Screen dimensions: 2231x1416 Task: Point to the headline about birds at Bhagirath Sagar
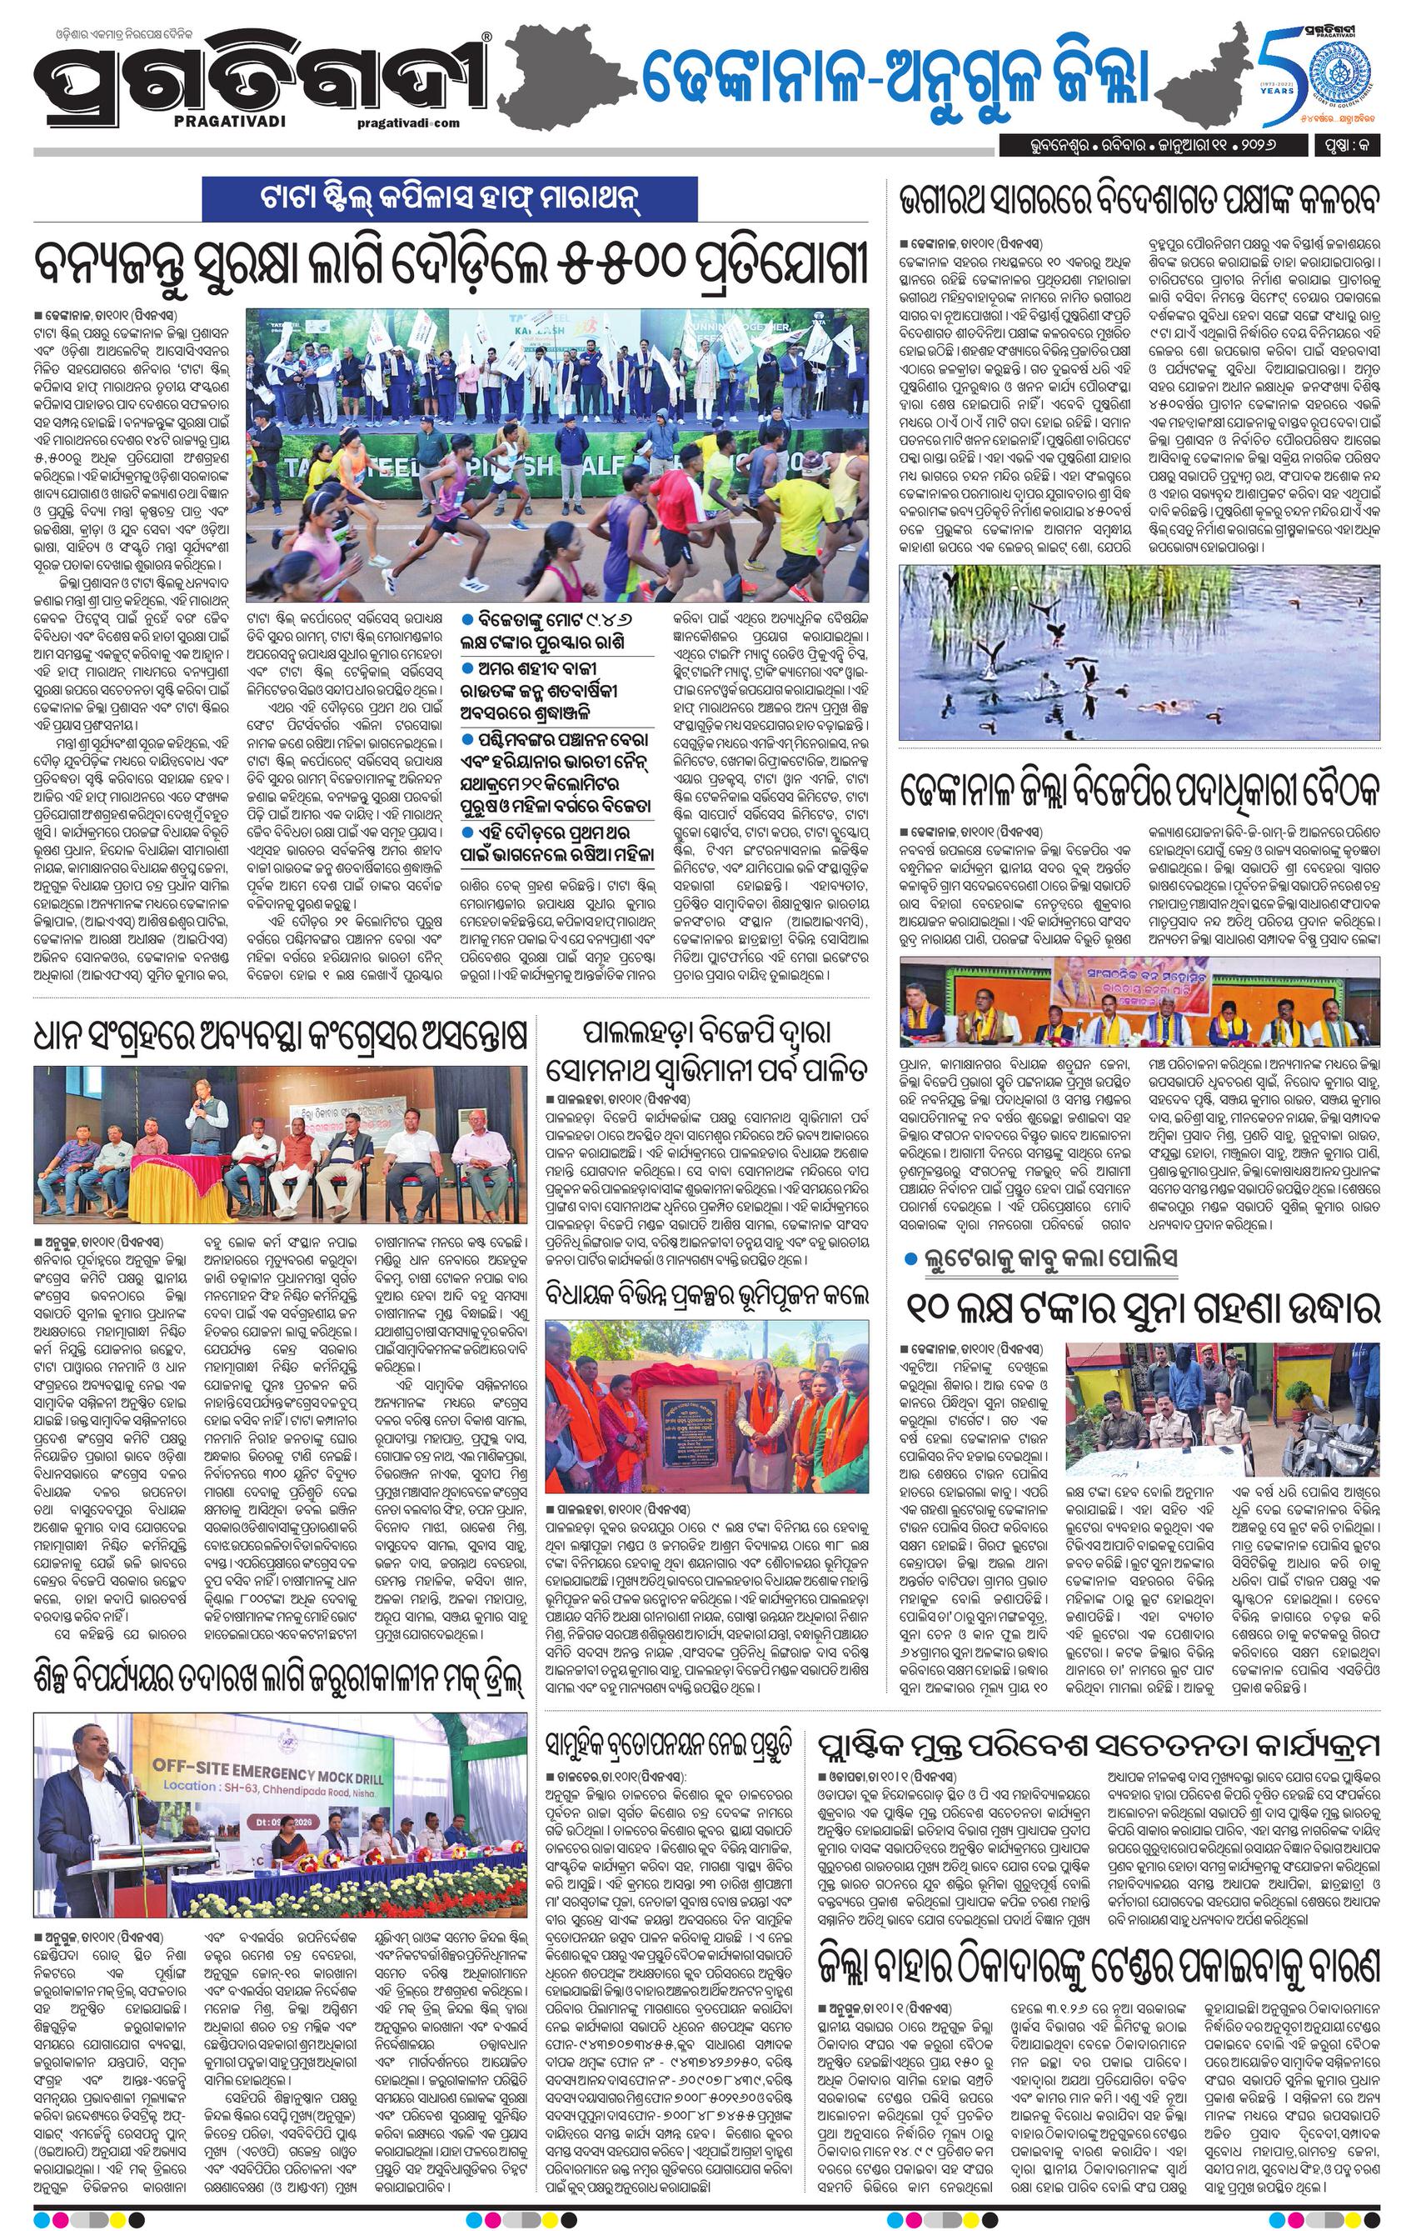(1141, 199)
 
